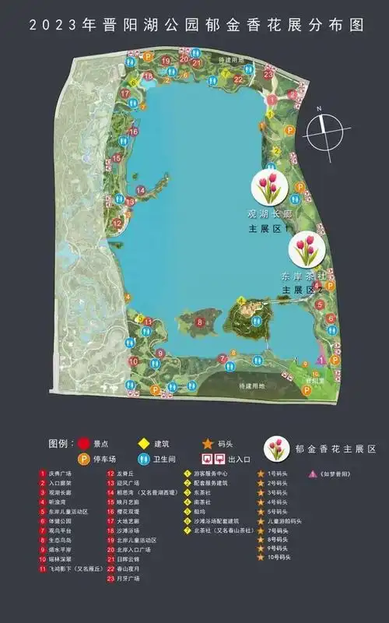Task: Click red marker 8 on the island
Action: point(200,321)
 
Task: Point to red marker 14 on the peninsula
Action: point(142,189)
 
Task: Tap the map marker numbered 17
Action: point(124,93)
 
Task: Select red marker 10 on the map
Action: point(133,361)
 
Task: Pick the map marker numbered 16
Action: point(135,132)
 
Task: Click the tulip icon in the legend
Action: point(277,449)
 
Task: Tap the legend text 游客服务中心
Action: point(210,473)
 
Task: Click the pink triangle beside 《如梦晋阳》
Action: point(312,473)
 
